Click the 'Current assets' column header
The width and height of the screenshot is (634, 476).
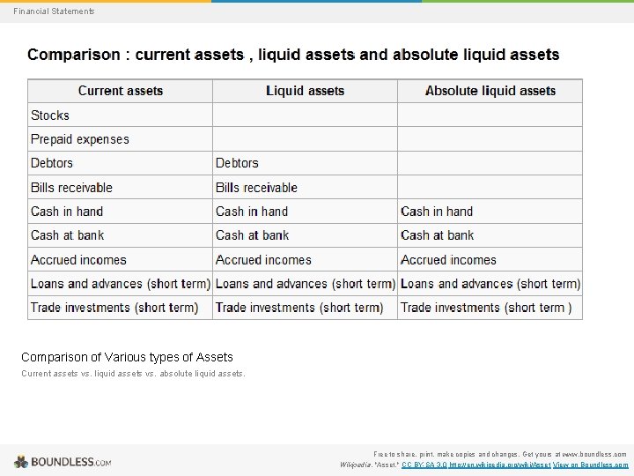click(121, 91)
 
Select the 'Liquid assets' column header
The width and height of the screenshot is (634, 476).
click(305, 91)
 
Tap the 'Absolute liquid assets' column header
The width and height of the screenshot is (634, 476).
click(490, 91)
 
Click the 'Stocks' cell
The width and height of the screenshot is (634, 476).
click(50, 115)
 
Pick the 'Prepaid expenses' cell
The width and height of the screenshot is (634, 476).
click(80, 139)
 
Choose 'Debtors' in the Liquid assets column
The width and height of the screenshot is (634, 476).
click(237, 163)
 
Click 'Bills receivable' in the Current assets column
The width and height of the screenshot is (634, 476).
click(72, 188)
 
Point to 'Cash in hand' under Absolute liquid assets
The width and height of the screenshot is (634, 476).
click(437, 212)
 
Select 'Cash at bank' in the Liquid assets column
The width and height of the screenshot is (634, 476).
click(253, 235)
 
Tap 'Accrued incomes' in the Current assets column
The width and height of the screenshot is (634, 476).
click(79, 260)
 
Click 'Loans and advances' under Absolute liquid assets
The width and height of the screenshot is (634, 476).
click(490, 284)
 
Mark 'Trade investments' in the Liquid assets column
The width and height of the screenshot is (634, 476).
click(299, 308)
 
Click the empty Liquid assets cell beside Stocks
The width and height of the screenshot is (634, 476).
click(305, 115)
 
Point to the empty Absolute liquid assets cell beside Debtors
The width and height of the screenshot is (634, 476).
click(490, 163)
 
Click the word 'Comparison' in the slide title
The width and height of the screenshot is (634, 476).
click(74, 55)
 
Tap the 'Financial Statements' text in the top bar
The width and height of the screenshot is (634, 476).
click(54, 11)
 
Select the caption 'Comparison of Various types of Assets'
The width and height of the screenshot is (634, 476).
click(128, 357)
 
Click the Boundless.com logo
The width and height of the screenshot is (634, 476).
click(63, 461)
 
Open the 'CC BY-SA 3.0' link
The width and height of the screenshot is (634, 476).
click(423, 465)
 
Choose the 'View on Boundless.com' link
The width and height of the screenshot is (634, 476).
click(591, 465)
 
